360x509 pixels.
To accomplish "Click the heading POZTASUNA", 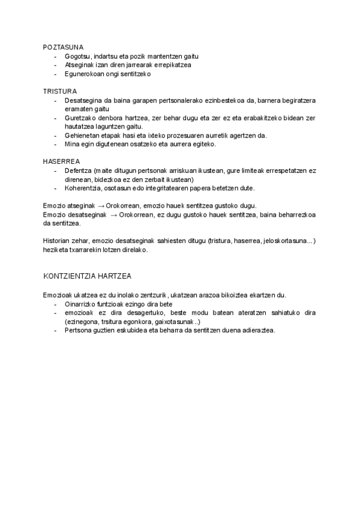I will pos(63,47).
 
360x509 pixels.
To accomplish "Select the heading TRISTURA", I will pos(59,91).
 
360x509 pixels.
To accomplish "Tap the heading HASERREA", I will pos(61,162).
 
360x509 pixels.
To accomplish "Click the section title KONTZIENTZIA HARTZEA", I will pos(88,276).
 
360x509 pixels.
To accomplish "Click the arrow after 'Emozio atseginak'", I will pos(99,205).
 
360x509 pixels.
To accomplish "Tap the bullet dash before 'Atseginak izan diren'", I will pos(56,65).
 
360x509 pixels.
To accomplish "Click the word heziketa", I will pos(56,250).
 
